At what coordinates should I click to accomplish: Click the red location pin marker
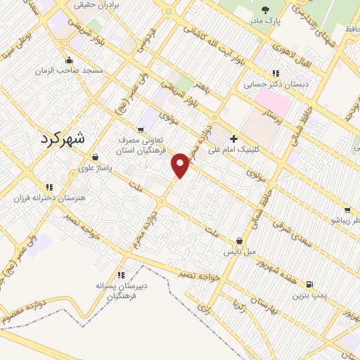[181, 165]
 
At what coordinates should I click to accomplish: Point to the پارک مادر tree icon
[265, 10]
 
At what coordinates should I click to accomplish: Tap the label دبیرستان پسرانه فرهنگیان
[121, 291]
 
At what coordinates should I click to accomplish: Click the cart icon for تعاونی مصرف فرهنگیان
[141, 129]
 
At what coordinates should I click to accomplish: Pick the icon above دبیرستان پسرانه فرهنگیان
[121, 275]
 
